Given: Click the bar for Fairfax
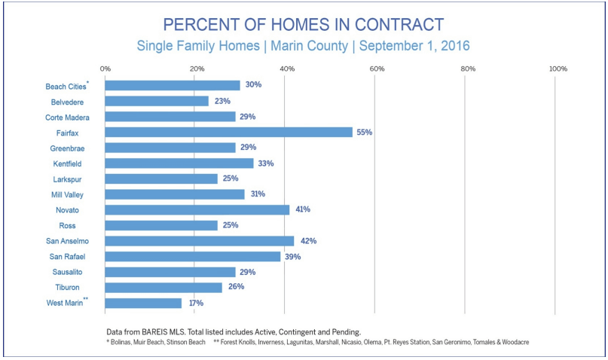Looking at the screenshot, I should pyautogui.click(x=228, y=132).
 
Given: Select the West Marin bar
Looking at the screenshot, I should pyautogui.click(x=143, y=303).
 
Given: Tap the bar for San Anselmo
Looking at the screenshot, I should pyautogui.click(x=199, y=241).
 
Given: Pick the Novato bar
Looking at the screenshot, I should pyautogui.click(x=197, y=209).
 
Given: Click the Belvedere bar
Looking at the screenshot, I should pyautogui.click(x=157, y=101).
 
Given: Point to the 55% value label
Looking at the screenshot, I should pyautogui.click(x=364, y=132).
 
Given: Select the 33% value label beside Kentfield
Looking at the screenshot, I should pyautogui.click(x=265, y=163).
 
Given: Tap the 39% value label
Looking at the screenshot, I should pyautogui.click(x=292, y=257).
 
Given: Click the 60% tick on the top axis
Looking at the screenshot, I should pyautogui.click(x=377, y=69).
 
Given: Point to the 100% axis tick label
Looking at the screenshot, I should pyautogui.click(x=558, y=69).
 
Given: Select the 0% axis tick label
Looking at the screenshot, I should pyautogui.click(x=105, y=69).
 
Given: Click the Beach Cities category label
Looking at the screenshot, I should pyautogui.click(x=65, y=86).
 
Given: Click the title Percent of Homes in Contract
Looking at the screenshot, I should pyautogui.click(x=304, y=24).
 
